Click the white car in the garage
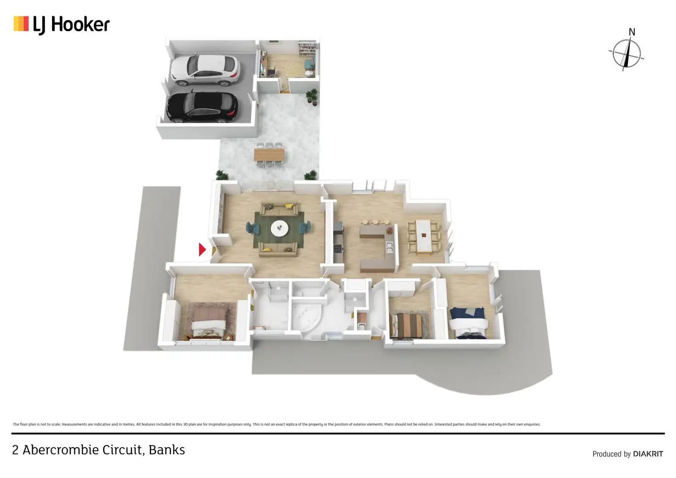point(205,70)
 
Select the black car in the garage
point(202,107)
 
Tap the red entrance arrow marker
point(202,250)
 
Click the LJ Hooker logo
point(62,24)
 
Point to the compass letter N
point(632,32)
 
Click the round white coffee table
point(279,228)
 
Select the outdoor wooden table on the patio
point(269,154)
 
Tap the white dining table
point(423,236)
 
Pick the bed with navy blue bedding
point(467,322)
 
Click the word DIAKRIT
point(648,454)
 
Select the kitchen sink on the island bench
point(389,247)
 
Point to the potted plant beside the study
point(312,97)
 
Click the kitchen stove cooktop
point(338,249)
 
